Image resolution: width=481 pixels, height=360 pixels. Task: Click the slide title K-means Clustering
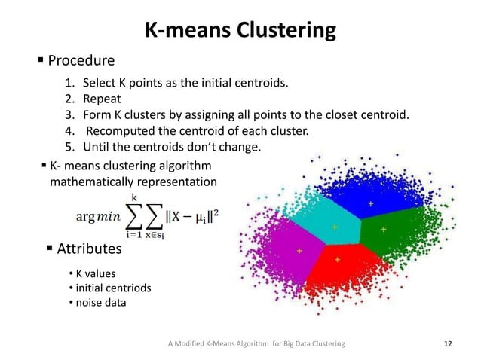240,31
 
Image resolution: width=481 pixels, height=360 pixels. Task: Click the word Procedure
81,60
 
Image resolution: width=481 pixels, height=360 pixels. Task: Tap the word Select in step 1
98,83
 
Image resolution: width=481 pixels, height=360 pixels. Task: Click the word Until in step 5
97,146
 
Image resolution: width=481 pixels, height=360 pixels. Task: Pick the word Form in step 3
96,114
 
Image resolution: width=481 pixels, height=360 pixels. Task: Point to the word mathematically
86,182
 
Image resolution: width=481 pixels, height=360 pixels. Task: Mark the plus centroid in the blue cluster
370,204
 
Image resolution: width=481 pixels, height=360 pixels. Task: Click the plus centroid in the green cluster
384,229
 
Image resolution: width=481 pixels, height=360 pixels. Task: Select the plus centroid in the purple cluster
299,250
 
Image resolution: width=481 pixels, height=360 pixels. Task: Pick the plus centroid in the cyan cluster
335,226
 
